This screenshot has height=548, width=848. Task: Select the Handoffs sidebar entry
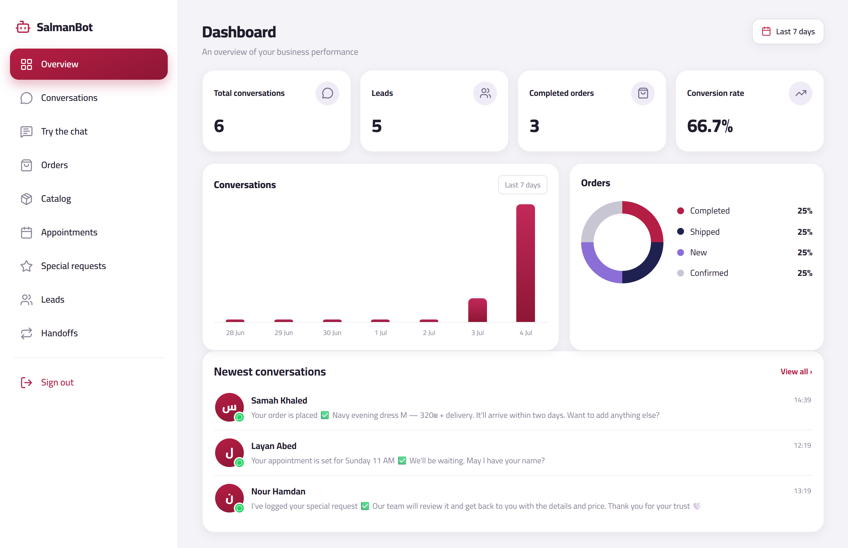(x=59, y=333)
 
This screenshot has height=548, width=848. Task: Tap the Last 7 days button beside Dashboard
(x=788, y=32)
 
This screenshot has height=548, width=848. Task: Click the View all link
(x=796, y=371)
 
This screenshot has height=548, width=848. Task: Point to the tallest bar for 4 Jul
(x=526, y=263)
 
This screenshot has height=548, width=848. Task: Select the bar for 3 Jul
(x=477, y=310)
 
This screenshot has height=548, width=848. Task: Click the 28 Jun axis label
(x=235, y=333)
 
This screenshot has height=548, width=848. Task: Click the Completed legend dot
(x=681, y=211)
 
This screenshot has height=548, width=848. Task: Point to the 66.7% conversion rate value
(x=710, y=126)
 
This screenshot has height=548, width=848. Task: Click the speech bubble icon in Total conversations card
(x=327, y=93)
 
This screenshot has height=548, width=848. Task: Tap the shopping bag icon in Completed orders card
(x=643, y=93)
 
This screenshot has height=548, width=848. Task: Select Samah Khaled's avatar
(x=229, y=407)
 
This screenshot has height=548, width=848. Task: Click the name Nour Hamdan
(x=278, y=491)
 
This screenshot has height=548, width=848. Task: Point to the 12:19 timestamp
(x=802, y=445)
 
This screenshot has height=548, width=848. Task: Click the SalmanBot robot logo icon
(x=23, y=27)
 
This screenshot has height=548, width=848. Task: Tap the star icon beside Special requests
(x=26, y=266)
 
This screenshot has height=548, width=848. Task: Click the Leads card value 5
(x=377, y=126)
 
